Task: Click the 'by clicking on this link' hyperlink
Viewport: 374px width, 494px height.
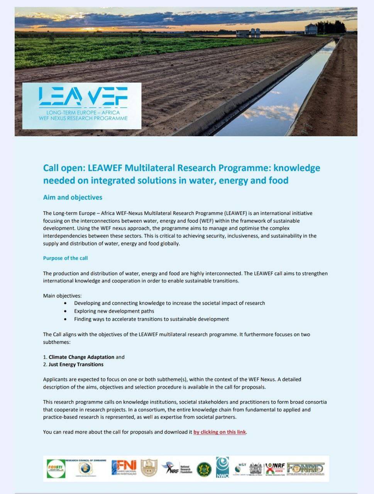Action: coord(220,432)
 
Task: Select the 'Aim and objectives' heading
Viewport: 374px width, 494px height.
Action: coord(73,197)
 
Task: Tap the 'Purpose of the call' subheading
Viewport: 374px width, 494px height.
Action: coord(65,258)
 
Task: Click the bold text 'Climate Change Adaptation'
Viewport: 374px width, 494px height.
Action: coord(81,357)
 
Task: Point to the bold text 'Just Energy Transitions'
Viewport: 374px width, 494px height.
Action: coord(76,364)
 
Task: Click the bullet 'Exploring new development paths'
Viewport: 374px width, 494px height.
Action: coord(114,311)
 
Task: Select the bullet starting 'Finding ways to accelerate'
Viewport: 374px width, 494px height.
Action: coord(151,319)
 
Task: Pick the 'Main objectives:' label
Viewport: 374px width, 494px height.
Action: coord(62,296)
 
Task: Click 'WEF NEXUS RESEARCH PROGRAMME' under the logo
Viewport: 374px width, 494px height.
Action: coord(83,118)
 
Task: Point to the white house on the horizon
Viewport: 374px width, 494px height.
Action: coord(311,29)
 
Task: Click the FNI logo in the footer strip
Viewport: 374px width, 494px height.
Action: coord(124,468)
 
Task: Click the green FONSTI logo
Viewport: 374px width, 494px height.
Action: coord(56,468)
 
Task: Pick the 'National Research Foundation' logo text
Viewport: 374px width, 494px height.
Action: coord(185,469)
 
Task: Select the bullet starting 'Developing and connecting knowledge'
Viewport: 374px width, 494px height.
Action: coord(169,303)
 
